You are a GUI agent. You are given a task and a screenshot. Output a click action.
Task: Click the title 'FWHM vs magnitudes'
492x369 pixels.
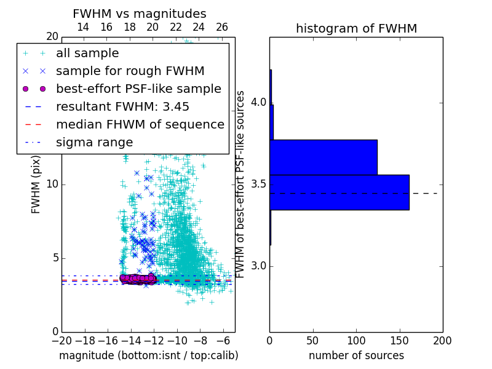click(x=139, y=14)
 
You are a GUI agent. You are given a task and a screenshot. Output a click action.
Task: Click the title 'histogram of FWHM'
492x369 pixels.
click(x=356, y=29)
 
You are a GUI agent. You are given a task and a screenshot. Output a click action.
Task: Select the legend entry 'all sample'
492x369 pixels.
click(x=87, y=54)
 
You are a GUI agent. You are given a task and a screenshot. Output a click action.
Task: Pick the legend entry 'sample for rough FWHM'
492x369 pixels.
click(x=130, y=71)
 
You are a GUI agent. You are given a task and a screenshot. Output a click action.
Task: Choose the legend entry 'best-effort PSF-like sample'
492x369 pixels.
click(x=138, y=89)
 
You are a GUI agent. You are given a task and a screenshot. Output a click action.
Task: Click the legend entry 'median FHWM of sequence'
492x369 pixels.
click(x=140, y=124)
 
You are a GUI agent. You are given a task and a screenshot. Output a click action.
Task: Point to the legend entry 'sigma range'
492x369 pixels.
click(x=94, y=142)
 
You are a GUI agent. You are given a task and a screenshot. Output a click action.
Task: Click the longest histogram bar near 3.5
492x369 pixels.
click(x=339, y=192)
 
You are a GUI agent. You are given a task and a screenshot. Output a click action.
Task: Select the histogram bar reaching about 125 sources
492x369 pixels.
click(x=323, y=157)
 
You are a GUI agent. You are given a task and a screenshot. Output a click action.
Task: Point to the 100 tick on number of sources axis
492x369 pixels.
click(x=356, y=341)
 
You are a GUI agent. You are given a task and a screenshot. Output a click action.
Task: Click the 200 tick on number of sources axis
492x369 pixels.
click(x=442, y=341)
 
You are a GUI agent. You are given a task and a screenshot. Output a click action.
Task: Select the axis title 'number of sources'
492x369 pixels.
click(x=356, y=355)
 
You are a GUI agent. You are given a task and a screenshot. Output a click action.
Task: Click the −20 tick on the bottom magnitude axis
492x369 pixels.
click(x=61, y=341)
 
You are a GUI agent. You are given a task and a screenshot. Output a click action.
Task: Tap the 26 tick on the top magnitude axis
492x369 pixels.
click(x=222, y=27)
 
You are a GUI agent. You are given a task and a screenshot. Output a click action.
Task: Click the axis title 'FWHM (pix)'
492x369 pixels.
click(x=36, y=184)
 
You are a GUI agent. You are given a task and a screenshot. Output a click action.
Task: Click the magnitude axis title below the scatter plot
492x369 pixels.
click(x=148, y=355)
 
